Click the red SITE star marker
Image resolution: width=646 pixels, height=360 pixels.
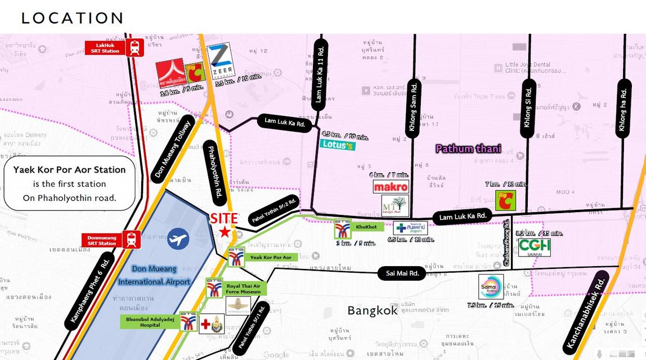pyautogui.click(x=225, y=232)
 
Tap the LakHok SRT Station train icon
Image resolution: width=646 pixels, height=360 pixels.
pyautogui.click(x=135, y=47)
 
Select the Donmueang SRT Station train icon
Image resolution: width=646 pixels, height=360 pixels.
pyautogui.click(x=132, y=240)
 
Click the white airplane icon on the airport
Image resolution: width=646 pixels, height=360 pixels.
pyautogui.click(x=178, y=238)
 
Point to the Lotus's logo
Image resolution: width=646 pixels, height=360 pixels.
pyautogui.click(x=338, y=145)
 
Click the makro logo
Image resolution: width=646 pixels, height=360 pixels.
pyautogui.click(x=391, y=187)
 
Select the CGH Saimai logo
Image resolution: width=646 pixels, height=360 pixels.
pyautogui.click(x=534, y=247)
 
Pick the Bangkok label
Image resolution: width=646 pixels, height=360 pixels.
pyautogui.click(x=372, y=310)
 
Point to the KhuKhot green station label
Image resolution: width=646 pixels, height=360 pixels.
pyautogui.click(x=367, y=227)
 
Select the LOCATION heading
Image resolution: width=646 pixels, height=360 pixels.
pyautogui.click(x=72, y=18)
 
